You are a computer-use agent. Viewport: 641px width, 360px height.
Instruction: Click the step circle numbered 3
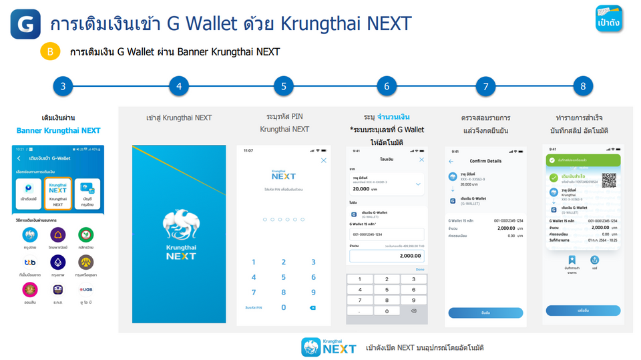[x=63, y=86]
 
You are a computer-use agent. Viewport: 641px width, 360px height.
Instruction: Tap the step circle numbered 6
[x=387, y=86]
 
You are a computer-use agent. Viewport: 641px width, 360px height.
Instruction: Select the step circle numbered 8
[x=583, y=86]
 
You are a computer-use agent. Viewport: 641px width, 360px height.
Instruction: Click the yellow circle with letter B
[x=50, y=52]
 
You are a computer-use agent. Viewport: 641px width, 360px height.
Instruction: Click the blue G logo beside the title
[x=25, y=25]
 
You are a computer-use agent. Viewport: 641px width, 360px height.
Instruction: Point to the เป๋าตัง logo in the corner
[x=609, y=19]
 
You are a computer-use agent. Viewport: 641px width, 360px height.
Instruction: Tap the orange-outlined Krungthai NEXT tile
[x=58, y=193]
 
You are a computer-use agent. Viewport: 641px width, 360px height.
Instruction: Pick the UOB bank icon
[x=85, y=290]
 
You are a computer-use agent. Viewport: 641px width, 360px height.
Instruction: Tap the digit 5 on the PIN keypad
[x=283, y=277]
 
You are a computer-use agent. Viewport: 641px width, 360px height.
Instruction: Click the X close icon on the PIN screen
[x=324, y=160]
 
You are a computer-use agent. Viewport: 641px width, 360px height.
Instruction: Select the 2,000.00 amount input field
[x=387, y=256]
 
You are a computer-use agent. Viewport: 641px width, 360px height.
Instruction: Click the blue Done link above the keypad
[x=419, y=269]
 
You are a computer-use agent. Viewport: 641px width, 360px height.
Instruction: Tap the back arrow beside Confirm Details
[x=451, y=161]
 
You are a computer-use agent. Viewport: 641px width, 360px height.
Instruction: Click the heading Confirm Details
[x=485, y=161]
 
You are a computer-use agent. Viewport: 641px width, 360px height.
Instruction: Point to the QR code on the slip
[x=608, y=180]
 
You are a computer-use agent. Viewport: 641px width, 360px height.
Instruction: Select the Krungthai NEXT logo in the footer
[x=329, y=347]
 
